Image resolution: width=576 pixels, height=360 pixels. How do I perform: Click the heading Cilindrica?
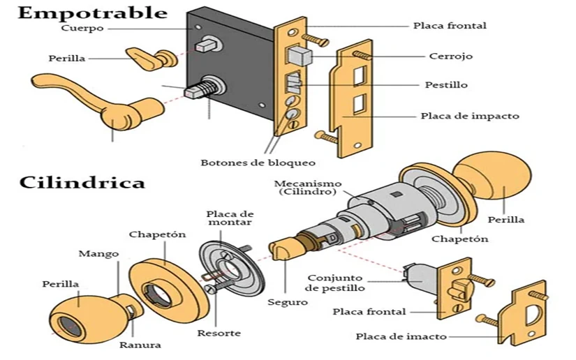pyautogui.click(x=82, y=182)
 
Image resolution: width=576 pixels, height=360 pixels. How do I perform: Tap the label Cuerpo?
pyautogui.click(x=82, y=29)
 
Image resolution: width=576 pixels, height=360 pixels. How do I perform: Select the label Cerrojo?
pyautogui.click(x=450, y=56)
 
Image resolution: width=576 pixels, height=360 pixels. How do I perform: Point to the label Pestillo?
pyautogui.click(x=446, y=84)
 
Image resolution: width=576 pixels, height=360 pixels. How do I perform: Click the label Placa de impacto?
pyautogui.click(x=470, y=116)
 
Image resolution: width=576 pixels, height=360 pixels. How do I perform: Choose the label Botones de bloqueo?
pyautogui.click(x=258, y=163)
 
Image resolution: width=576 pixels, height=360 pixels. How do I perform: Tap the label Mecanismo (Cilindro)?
pyautogui.click(x=305, y=187)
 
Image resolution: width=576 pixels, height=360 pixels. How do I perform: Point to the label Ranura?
pyautogui.click(x=140, y=345)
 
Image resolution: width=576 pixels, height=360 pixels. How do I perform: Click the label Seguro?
pyautogui.click(x=287, y=302)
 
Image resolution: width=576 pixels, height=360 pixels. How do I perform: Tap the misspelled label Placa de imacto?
pyautogui.click(x=401, y=336)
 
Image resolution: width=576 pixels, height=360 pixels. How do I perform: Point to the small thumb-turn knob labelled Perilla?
pyautogui.click(x=150, y=57)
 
